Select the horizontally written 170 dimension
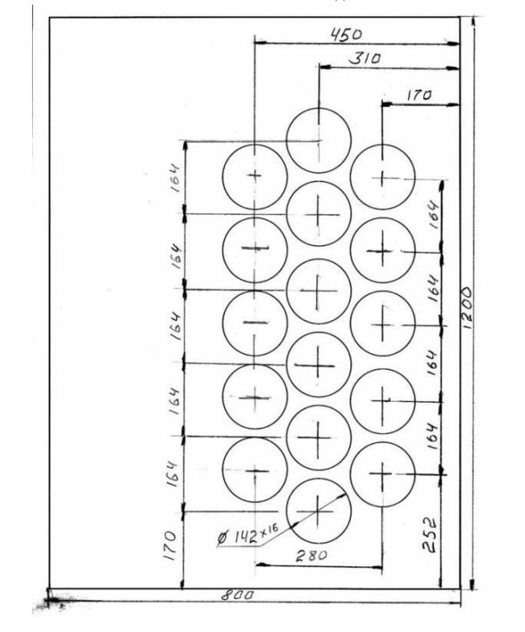(x=418, y=95)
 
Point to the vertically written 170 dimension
(x=170, y=539)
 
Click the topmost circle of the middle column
(x=318, y=140)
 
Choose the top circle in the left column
(x=254, y=175)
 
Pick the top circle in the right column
(x=383, y=177)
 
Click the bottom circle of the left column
(x=254, y=470)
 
